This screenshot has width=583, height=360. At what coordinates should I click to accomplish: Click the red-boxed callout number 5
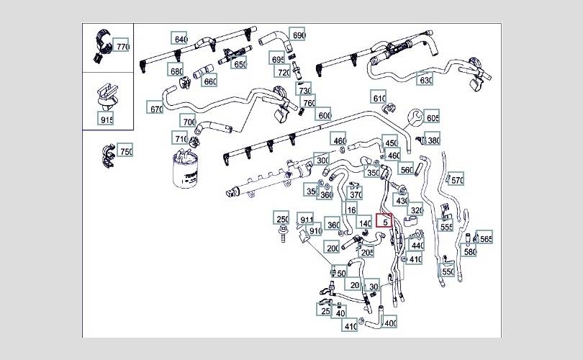[385, 222]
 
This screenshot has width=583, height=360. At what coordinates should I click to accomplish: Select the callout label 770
[122, 47]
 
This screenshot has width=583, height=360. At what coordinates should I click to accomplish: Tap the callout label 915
[107, 120]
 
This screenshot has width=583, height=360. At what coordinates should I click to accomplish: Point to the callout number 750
[125, 151]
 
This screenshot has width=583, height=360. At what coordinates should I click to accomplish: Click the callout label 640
[180, 39]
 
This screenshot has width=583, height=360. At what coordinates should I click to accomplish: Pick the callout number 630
[426, 80]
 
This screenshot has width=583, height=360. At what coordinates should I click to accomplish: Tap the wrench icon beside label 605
[415, 115]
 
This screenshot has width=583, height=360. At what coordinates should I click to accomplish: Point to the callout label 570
[456, 180]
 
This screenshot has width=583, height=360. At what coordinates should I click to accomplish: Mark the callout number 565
[485, 239]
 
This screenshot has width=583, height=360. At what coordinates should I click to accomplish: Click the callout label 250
[283, 220]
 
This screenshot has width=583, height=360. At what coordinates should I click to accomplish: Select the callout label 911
[307, 220]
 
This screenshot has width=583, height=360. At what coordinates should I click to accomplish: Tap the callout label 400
[390, 323]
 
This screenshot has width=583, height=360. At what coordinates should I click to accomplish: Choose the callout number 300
[322, 161]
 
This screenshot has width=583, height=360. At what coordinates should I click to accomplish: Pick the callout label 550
[448, 272]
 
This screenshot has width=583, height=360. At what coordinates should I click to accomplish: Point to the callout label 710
[181, 138]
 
